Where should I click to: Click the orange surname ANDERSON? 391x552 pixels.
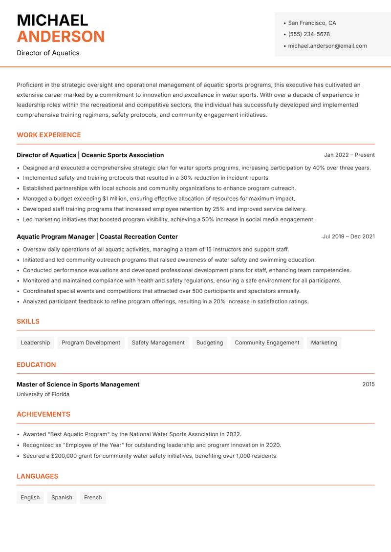pos(61,37)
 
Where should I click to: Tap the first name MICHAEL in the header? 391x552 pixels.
pos(52,21)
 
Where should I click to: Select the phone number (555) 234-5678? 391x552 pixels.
pos(308,34)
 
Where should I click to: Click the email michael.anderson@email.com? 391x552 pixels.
pos(327,46)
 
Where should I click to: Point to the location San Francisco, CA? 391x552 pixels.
pos(312,23)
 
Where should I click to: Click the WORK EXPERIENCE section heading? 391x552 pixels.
pos(49,135)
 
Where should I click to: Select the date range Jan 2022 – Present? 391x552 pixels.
pos(349,155)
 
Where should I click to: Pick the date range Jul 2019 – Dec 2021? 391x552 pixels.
pos(348,236)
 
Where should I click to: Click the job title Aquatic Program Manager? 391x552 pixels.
pos(56,236)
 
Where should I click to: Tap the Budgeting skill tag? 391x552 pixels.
pos(210,342)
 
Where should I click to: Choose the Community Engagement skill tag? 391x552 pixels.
pos(267,342)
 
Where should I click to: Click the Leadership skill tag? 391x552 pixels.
pos(35,342)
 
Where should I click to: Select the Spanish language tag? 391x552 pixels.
pos(62,497)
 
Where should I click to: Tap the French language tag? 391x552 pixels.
pos(93,497)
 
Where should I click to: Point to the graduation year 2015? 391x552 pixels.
pos(368,384)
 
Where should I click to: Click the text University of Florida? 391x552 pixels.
pos(43,394)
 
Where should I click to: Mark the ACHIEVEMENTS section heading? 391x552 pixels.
pos(43,414)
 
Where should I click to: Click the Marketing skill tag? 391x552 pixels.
pos(324,342)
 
